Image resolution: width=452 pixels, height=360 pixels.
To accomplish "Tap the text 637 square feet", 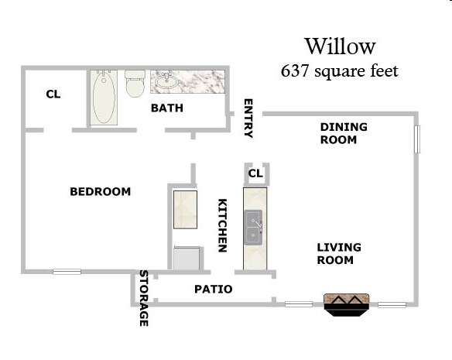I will coord(339,71).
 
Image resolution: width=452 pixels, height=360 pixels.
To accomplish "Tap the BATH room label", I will coord(167,108).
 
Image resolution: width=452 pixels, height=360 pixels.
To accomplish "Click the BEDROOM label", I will coord(101,192).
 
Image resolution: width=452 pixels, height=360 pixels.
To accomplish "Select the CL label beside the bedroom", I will coord(53,94).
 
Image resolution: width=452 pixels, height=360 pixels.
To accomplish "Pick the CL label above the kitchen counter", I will coord(255,173).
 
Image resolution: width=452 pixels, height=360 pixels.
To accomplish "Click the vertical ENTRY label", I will coord(248,118).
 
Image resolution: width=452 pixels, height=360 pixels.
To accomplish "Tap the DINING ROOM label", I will coord(344,133).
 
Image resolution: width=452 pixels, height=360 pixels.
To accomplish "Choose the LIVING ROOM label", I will coord(339,254).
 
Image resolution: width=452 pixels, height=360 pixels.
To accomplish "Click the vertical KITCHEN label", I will coord(221,225).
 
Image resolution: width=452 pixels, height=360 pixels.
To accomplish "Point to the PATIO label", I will coord(213,290).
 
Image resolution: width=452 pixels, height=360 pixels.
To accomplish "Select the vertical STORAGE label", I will coord(143,298).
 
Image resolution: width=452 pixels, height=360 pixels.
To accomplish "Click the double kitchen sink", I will coord(255,226).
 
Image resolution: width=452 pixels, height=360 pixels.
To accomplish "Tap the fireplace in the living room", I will coord(344,303).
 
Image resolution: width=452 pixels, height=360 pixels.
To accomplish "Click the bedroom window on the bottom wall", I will coord(67,271).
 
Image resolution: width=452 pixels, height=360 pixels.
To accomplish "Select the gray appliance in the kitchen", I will coord(187,258).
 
